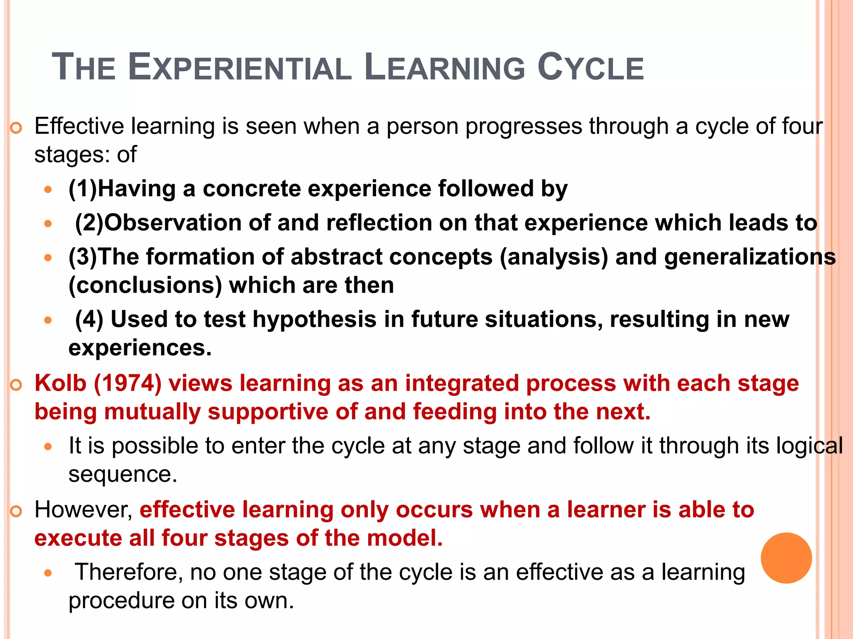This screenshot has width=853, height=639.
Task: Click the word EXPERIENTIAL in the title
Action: pos(240,67)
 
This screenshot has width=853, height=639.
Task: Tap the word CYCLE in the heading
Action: pos(590,67)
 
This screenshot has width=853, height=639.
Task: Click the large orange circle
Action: pos(786,558)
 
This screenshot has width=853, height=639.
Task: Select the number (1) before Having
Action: pos(82,188)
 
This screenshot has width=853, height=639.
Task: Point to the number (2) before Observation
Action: pos(89,223)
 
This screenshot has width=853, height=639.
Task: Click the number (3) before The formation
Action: pos(82,257)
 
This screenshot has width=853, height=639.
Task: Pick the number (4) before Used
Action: pos(89,319)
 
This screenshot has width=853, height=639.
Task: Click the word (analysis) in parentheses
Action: pos(554,257)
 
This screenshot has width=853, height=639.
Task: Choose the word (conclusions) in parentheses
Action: pos(145,285)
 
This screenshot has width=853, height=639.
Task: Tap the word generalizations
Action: pos(750,257)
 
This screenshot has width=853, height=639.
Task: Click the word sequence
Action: pos(123,474)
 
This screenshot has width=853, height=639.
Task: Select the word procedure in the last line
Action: pos(121,601)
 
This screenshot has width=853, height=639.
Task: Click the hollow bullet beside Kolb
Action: pos(16,385)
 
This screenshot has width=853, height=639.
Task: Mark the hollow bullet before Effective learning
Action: pos(16,128)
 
